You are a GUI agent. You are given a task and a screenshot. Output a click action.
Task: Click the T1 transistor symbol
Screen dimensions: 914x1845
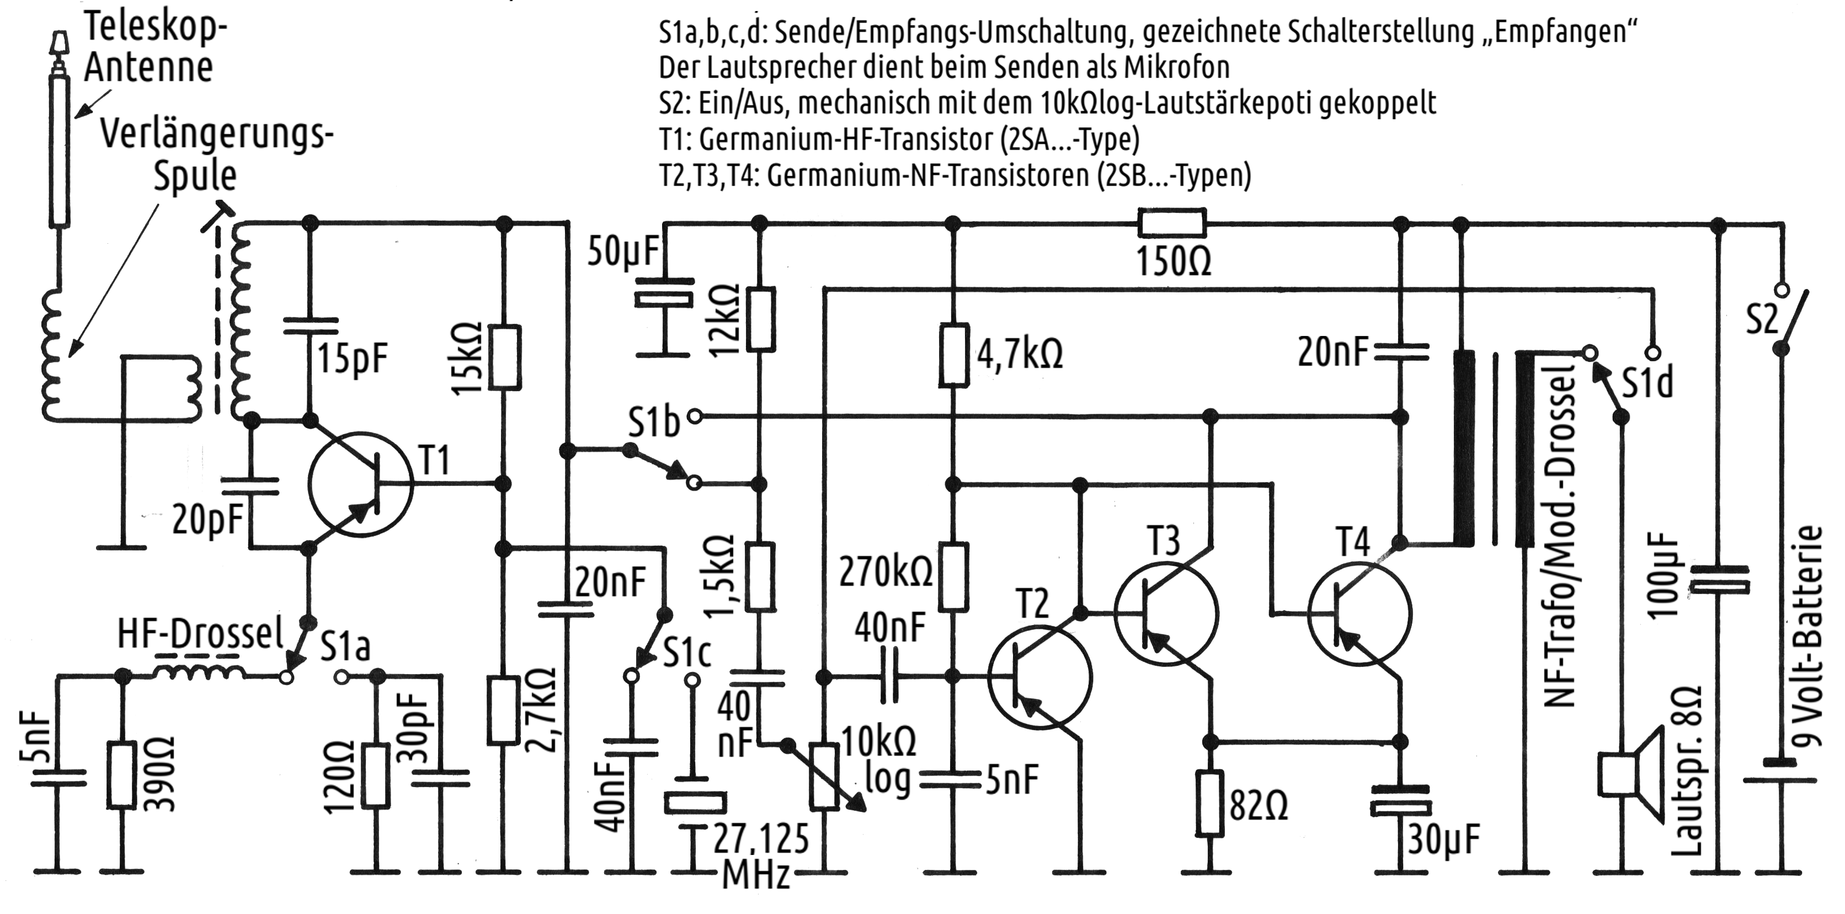click(x=360, y=484)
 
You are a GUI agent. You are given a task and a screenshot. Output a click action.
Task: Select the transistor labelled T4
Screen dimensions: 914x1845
click(x=1359, y=612)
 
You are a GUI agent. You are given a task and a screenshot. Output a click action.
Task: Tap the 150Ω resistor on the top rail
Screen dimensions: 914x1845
click(x=1172, y=223)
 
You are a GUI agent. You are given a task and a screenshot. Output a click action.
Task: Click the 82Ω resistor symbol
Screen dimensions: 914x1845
click(x=1210, y=803)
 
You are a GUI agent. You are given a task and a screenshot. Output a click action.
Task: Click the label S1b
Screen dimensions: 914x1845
click(x=653, y=423)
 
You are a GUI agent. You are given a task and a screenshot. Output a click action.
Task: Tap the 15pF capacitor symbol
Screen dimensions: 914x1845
click(x=310, y=326)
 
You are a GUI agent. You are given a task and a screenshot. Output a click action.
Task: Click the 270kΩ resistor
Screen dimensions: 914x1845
click(x=953, y=576)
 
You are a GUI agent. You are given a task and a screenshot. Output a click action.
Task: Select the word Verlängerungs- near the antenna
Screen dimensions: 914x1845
click(x=216, y=135)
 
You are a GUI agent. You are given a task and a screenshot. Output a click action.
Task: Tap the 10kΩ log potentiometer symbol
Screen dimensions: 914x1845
click(x=824, y=777)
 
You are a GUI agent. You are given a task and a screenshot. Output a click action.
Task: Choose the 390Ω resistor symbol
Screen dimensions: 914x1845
click(x=122, y=775)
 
